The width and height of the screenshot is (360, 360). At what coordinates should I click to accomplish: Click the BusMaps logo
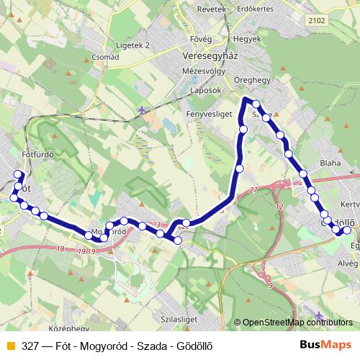(325, 346)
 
